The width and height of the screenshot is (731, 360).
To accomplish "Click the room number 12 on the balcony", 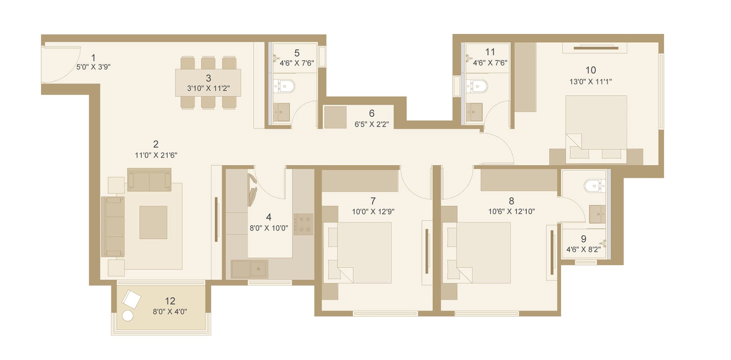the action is [170, 301].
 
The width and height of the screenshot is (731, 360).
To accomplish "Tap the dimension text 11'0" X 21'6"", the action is [156, 155].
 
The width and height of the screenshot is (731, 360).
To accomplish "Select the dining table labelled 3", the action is [208, 83].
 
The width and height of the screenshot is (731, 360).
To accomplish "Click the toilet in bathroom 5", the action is [284, 86].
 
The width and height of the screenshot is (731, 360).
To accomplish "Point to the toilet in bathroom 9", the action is [595, 186].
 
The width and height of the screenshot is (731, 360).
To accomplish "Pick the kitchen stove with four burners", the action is [303, 224].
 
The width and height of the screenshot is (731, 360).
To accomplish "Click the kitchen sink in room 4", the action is [249, 269].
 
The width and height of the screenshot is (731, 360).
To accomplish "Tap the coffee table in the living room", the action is [153, 222].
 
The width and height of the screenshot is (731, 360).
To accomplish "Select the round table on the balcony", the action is [128, 316].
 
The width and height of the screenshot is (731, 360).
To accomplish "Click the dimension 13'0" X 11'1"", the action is [591, 82].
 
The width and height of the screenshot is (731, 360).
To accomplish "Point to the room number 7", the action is [373, 201].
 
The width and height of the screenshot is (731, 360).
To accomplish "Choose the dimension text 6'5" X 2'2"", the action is [372, 124].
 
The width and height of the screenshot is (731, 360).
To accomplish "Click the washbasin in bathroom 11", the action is [474, 112].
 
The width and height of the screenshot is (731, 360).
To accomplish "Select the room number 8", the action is [511, 201].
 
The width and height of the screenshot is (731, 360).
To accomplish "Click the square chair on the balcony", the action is [131, 299].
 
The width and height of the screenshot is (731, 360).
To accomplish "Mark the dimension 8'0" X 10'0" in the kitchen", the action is [269, 228].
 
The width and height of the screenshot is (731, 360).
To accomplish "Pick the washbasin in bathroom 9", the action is [597, 214].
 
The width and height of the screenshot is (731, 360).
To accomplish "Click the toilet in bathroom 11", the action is [477, 86].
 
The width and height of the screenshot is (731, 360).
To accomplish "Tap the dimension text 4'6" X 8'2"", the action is [583, 250].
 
